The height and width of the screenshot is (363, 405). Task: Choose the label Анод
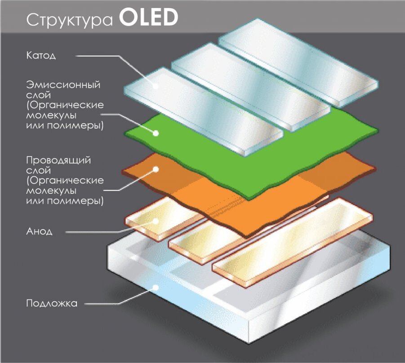pyautogui.click(x=40, y=232)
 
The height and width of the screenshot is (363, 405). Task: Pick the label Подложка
pyautogui.click(x=52, y=303)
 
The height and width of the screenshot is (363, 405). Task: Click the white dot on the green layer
pyautogui.click(x=156, y=133)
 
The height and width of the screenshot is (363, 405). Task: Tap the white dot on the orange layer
pyautogui.click(x=156, y=169)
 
